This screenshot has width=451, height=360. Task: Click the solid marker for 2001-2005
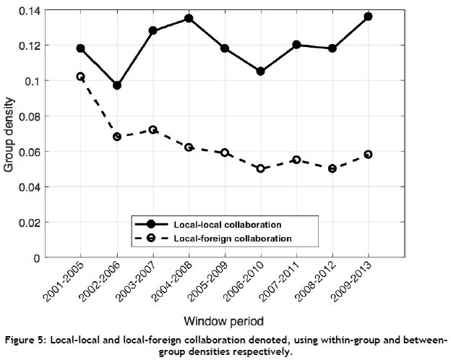pyautogui.click(x=81, y=48)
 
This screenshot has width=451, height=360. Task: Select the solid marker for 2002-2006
pyautogui.click(x=117, y=85)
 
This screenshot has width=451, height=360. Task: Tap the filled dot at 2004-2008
pyautogui.click(x=189, y=18)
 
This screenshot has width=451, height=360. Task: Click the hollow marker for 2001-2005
pyautogui.click(x=81, y=77)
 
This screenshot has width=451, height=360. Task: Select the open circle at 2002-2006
pyautogui.click(x=117, y=137)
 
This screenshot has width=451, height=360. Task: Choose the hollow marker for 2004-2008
pyautogui.click(x=189, y=147)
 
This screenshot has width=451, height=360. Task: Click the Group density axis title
pyautogui.click(x=9, y=134)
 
